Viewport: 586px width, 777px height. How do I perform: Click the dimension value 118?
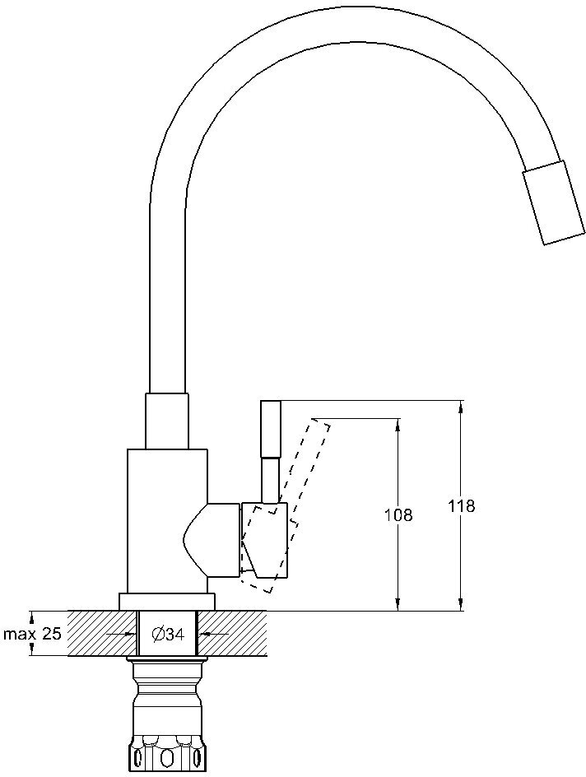tap(463, 506)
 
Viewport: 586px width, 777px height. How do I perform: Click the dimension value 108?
tap(398, 515)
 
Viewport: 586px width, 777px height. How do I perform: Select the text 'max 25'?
tap(32, 635)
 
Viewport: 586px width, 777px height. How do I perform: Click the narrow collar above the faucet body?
tap(167, 421)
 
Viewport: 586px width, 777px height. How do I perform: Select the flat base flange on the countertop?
tap(167, 602)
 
